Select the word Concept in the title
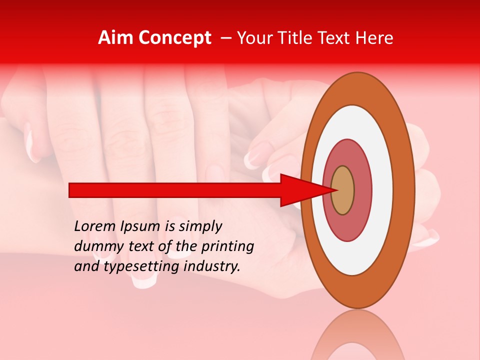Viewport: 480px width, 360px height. pos(174,38)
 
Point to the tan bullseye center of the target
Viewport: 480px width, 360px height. pos(342,190)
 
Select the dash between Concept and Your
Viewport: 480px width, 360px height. pos(225,38)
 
